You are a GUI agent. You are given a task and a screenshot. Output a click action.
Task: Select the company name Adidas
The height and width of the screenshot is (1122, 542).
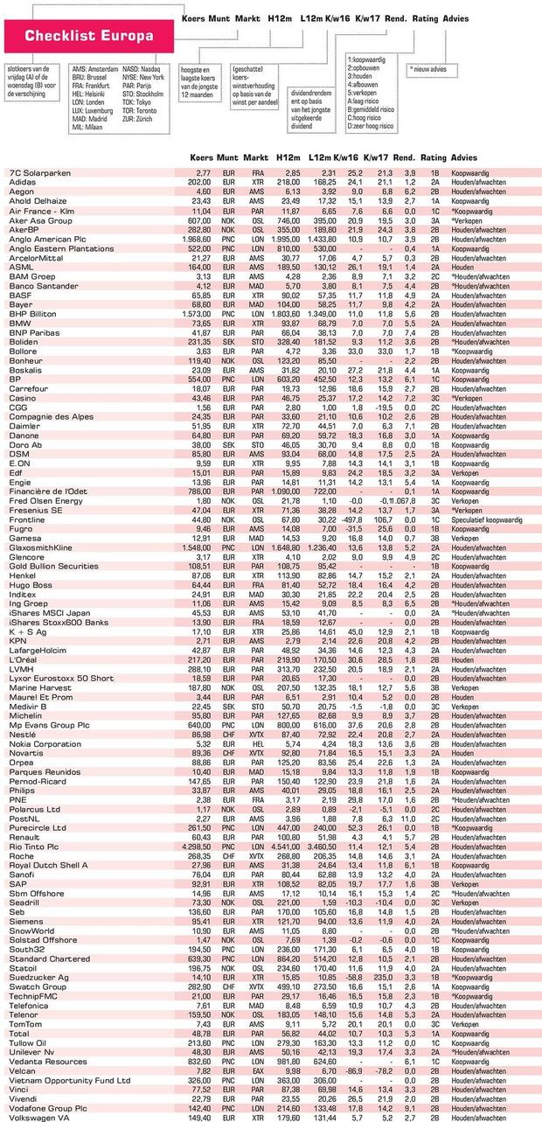(23, 182)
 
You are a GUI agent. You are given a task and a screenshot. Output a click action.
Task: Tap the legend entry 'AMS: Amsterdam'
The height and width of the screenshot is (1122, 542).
(95, 67)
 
